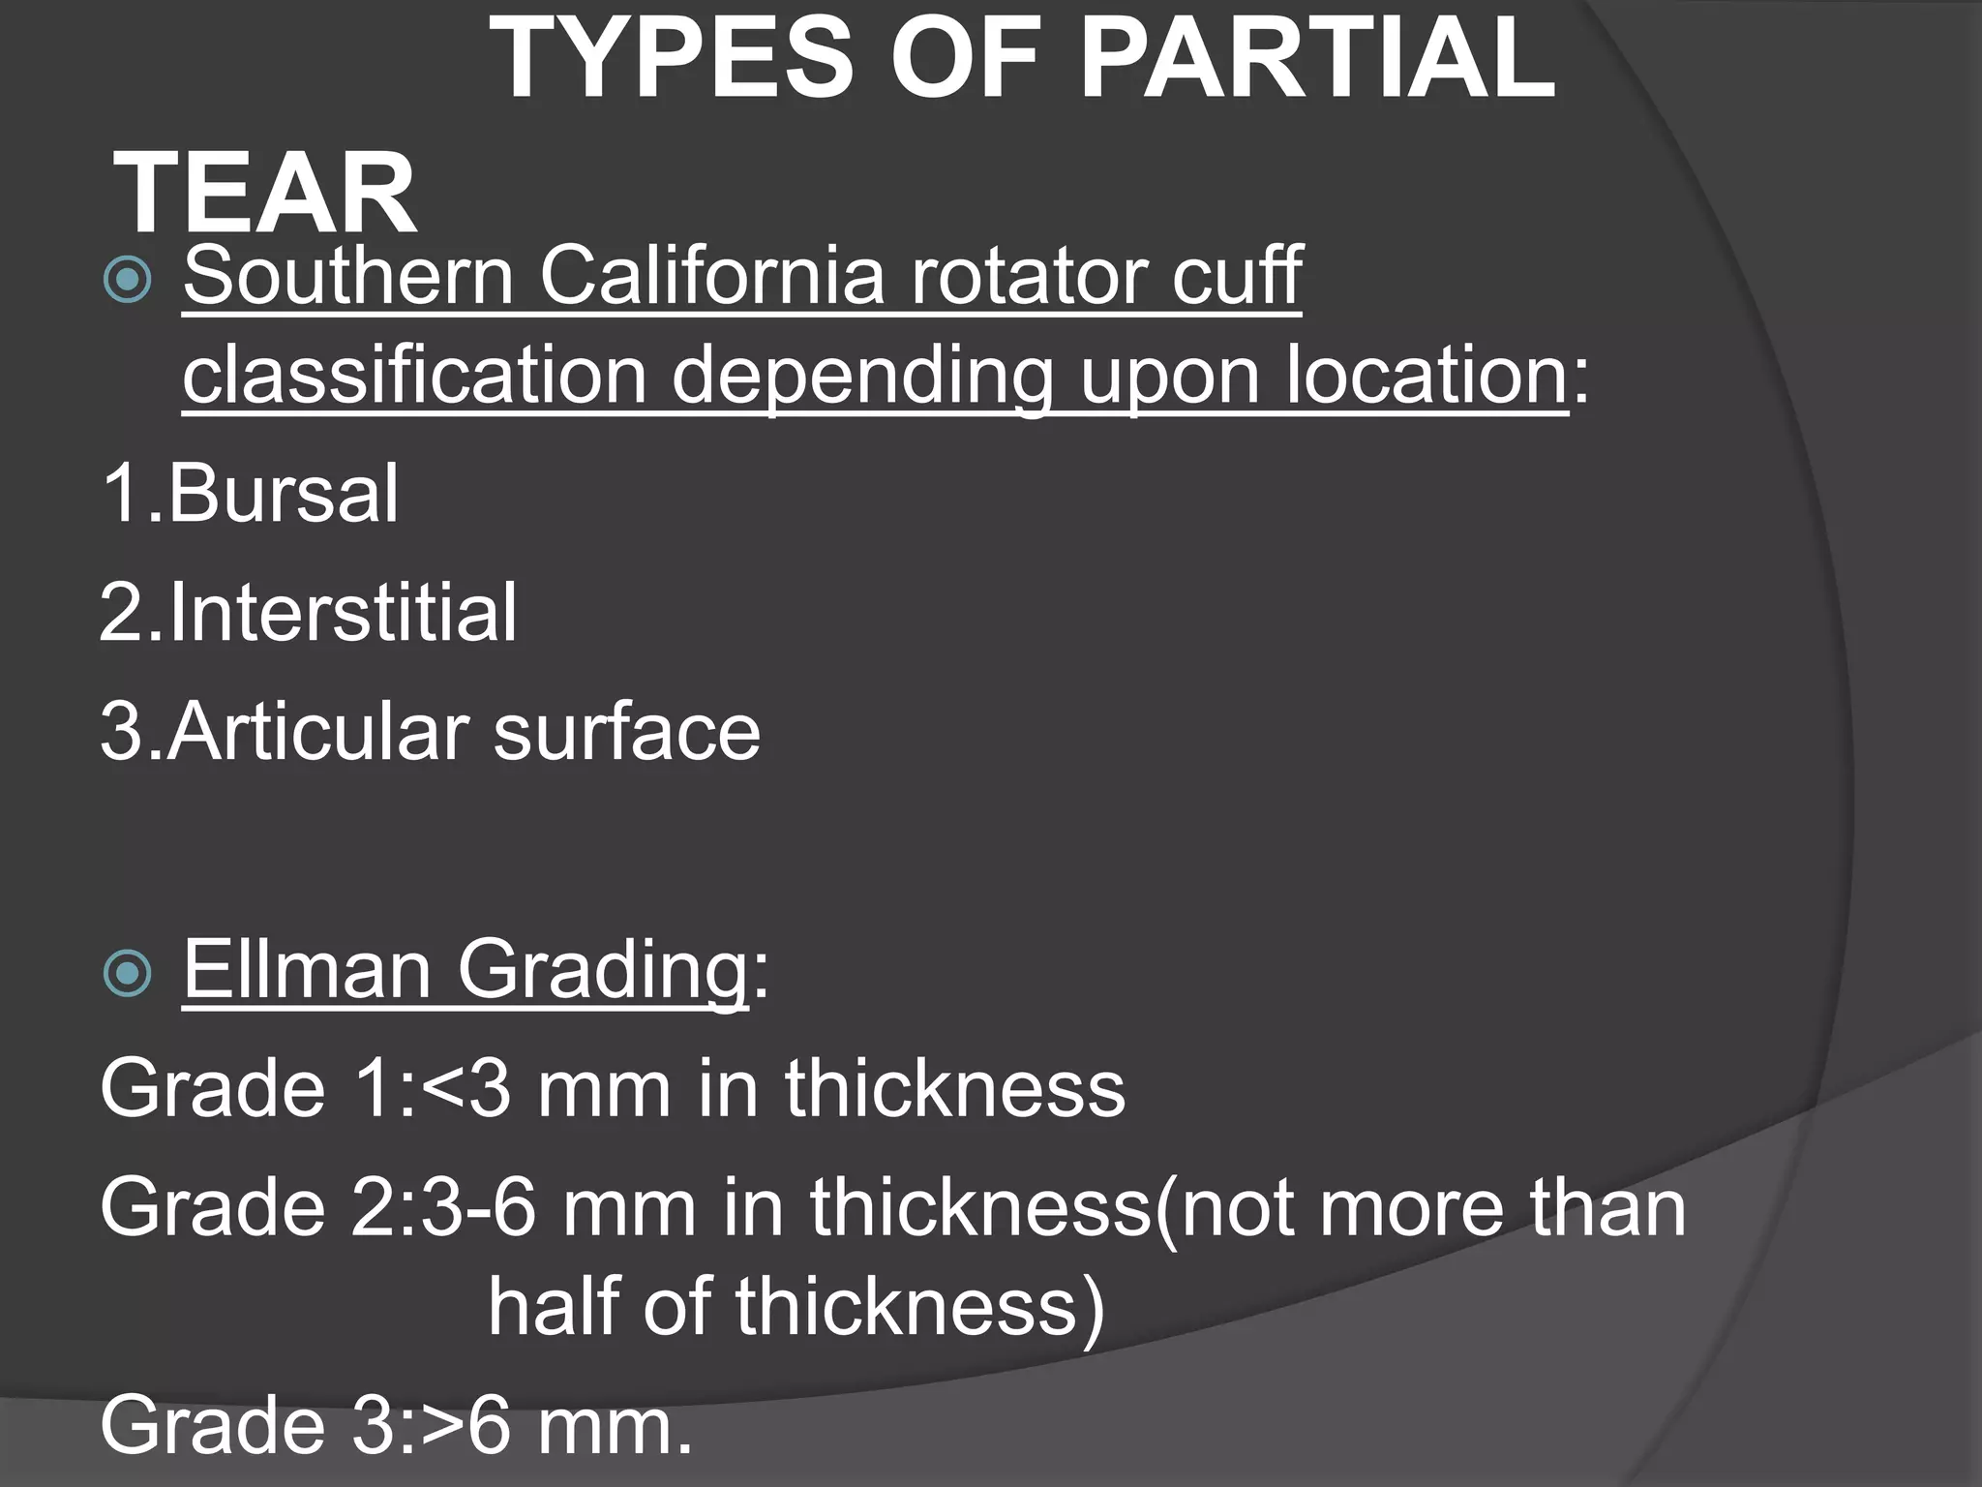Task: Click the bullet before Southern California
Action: pos(127,280)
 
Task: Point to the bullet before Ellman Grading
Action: pos(127,972)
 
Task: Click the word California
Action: pos(712,277)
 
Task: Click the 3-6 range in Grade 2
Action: pos(478,1209)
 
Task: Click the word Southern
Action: pos(348,277)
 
